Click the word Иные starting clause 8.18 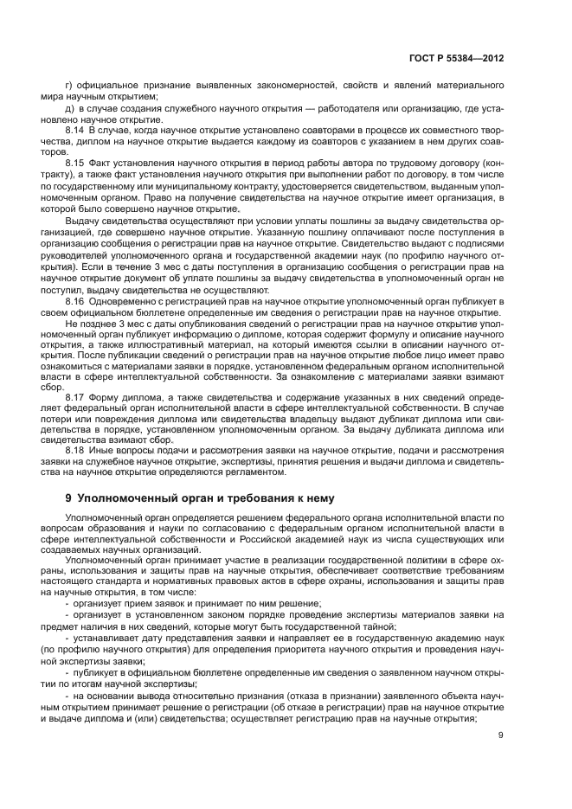tap(105, 451)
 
